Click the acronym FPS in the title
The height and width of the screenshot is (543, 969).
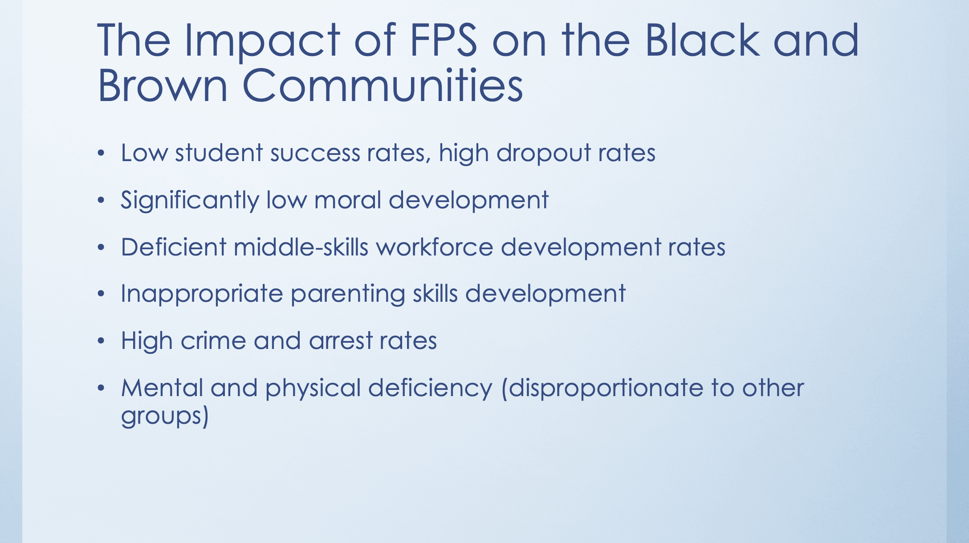coord(443,40)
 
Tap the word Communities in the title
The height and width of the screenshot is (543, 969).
coord(383,85)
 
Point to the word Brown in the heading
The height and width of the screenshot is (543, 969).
coord(163,85)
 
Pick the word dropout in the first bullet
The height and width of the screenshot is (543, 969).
coord(544,154)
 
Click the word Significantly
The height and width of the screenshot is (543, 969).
coord(190,200)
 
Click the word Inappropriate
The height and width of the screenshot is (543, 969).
coord(202,295)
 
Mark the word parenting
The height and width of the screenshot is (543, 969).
coord(348,295)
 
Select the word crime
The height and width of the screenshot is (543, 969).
coord(213,341)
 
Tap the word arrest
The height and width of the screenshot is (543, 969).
coord(341,342)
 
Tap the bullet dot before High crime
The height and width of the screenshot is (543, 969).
coord(101,341)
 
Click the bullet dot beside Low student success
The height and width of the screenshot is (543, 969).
coord(101,154)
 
